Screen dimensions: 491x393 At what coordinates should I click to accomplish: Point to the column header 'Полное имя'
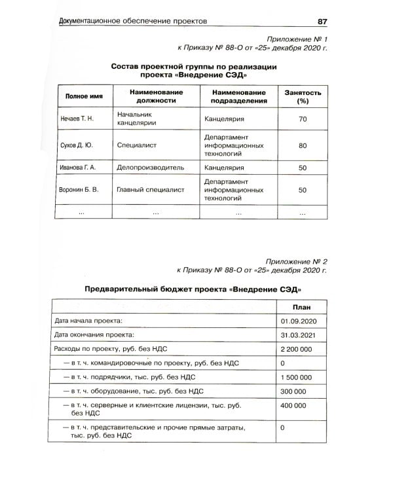pyautogui.click(x=83, y=96)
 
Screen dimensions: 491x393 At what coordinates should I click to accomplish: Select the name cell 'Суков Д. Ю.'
pyautogui.click(x=77, y=145)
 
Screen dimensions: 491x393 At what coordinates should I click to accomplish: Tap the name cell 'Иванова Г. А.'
pyautogui.click(x=78, y=168)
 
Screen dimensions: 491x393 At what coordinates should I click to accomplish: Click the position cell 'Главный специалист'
pyautogui.click(x=150, y=190)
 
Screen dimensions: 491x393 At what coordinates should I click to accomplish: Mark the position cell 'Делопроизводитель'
pyautogui.click(x=150, y=168)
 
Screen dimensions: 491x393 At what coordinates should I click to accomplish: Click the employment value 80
pyautogui.click(x=302, y=145)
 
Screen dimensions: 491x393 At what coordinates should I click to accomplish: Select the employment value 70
pyautogui.click(x=302, y=119)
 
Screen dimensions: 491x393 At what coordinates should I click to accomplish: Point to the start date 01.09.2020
pyautogui.click(x=298, y=321)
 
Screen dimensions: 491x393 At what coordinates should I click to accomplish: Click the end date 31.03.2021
pyautogui.click(x=298, y=335)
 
